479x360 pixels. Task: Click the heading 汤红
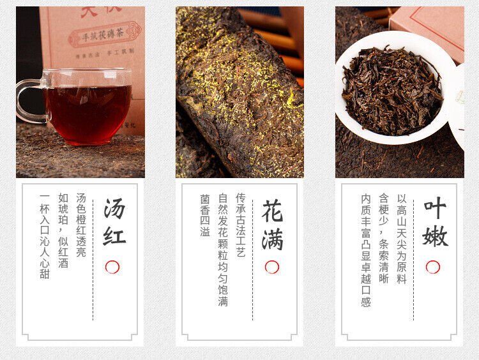click(114, 222)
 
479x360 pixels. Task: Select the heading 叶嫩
click(435, 222)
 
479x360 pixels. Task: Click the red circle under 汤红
click(112, 267)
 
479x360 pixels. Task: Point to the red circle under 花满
click(272, 267)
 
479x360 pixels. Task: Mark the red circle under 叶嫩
click(433, 267)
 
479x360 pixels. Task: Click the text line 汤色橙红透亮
click(81, 225)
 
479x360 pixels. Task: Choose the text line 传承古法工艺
click(241, 225)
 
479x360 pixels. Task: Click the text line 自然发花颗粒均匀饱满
click(223, 250)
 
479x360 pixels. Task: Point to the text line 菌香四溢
click(204, 215)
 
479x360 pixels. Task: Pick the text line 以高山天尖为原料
click(402, 239)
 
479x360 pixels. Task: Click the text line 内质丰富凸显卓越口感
click(365, 250)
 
